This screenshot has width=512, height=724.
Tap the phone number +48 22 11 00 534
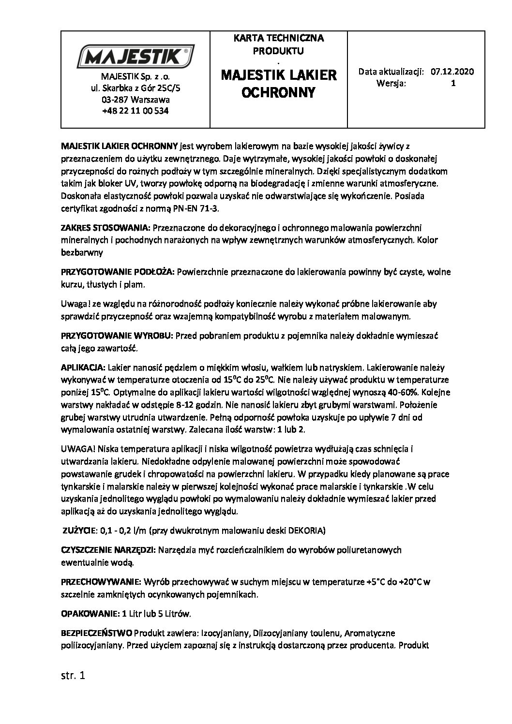tap(136, 110)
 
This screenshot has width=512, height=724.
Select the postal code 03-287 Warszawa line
tap(136, 100)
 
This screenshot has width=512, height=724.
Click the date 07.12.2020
tap(454, 72)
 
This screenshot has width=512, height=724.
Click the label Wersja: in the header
tap(391, 83)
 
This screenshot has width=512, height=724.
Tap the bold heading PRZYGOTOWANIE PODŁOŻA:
tap(118, 272)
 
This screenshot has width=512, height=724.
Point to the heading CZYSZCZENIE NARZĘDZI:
tap(107, 550)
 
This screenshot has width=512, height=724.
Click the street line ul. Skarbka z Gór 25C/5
tap(136, 89)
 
